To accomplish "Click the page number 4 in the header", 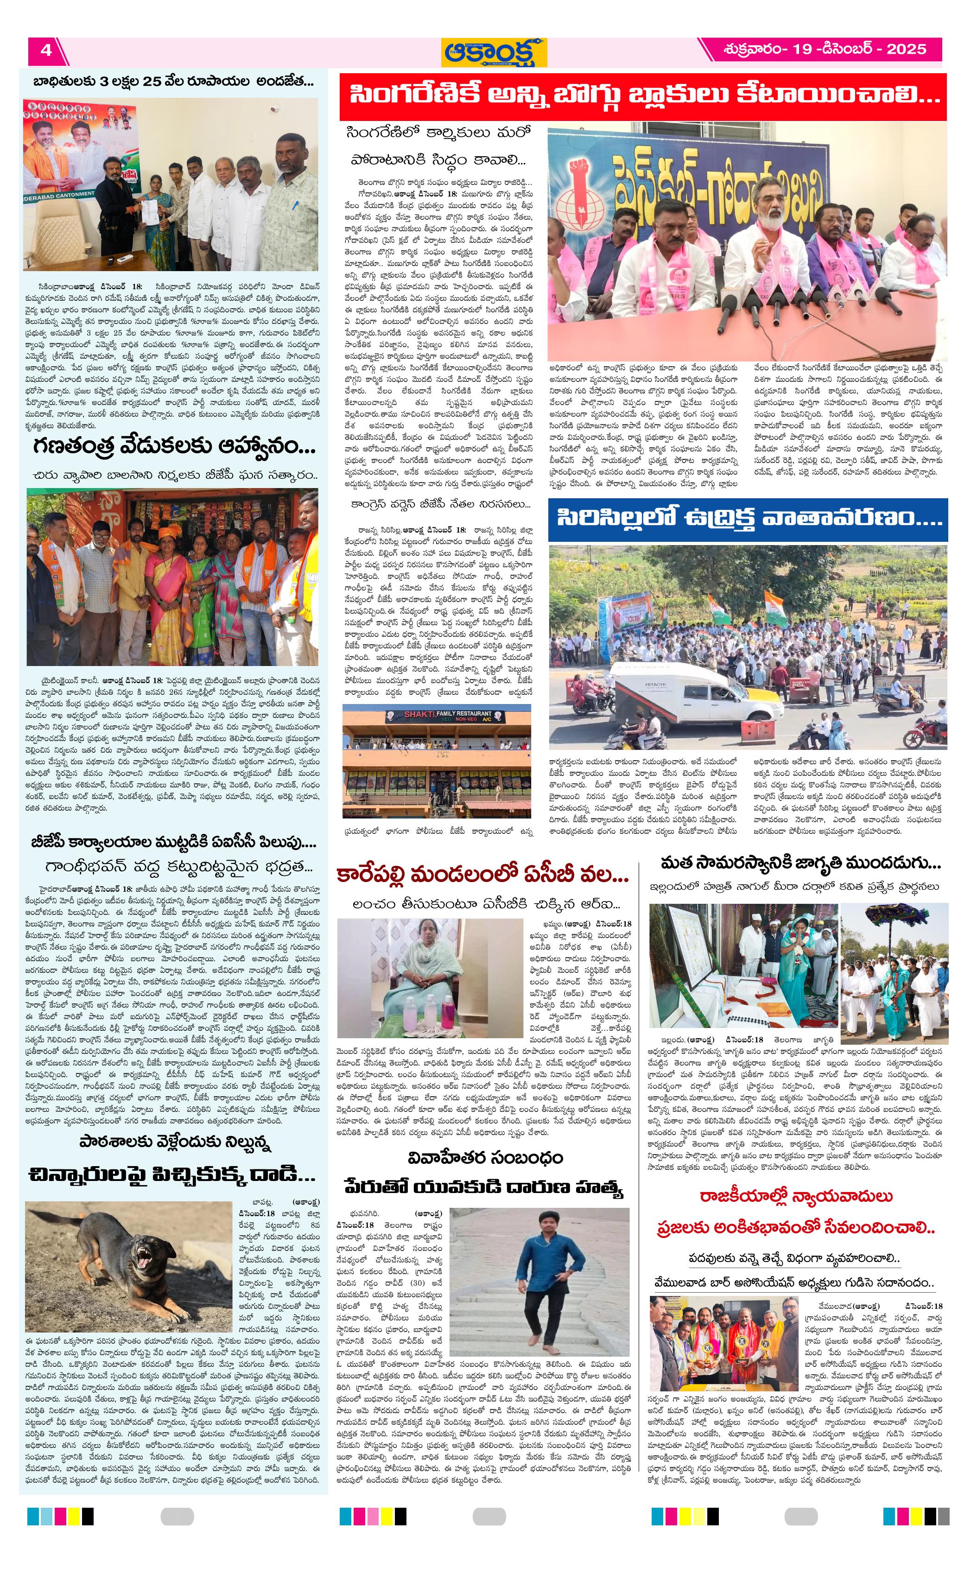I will tap(46, 50).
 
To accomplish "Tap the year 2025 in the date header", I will tap(906, 49).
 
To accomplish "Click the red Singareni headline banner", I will tap(642, 96).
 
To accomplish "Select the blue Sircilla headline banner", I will tap(747, 517).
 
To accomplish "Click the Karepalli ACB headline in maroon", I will tap(483, 875).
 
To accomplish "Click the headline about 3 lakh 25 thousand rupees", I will tap(174, 81).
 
